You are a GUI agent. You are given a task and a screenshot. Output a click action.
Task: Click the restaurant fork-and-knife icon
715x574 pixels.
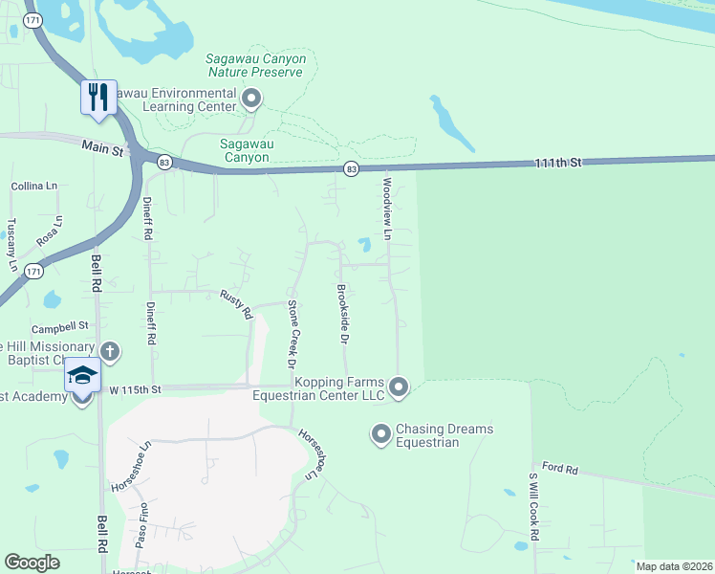click(98, 97)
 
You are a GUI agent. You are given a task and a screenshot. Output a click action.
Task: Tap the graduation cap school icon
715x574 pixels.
click(82, 375)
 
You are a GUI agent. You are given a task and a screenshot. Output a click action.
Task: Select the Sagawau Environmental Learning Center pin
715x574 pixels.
click(251, 98)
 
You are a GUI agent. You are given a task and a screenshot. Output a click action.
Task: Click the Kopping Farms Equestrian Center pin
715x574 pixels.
click(399, 387)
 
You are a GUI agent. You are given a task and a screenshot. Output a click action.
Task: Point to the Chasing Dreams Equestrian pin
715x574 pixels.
click(380, 436)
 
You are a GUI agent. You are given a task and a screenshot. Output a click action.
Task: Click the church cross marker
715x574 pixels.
click(110, 351)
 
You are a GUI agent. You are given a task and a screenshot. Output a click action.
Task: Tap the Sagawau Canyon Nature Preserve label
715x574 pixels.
click(256, 65)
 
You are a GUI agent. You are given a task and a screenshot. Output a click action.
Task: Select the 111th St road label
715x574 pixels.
click(557, 164)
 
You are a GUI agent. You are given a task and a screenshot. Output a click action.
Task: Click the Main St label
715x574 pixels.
click(103, 148)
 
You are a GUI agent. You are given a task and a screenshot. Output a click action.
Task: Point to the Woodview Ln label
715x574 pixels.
click(387, 209)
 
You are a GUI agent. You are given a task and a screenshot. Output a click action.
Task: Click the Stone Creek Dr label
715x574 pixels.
click(292, 333)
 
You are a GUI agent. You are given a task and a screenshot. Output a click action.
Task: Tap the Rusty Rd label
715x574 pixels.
click(236, 304)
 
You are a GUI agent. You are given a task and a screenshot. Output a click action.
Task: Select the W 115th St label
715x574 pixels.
click(136, 389)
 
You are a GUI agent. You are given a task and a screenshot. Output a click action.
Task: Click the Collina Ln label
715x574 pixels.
click(34, 186)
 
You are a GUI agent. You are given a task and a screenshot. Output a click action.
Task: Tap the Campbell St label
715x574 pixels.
click(59, 326)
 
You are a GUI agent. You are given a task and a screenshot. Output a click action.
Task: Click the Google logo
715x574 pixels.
click(32, 563)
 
